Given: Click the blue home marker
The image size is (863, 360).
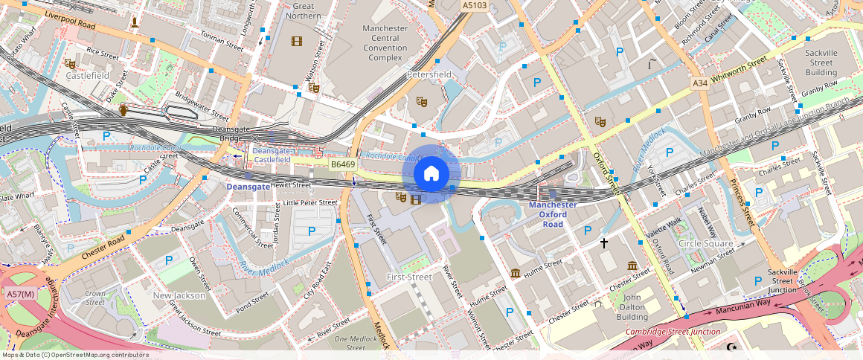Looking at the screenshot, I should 431,174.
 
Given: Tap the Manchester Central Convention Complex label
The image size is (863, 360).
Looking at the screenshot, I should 385,42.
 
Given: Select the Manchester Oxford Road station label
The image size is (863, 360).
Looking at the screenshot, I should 552,214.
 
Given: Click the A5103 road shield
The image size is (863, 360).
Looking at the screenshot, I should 474,5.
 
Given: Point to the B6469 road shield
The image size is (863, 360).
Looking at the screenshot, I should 343,164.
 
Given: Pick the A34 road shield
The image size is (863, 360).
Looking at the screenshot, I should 699,83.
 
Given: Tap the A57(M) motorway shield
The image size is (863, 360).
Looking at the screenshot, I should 21,295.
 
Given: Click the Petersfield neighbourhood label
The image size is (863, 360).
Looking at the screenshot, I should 429,75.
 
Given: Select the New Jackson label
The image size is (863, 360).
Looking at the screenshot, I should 179,295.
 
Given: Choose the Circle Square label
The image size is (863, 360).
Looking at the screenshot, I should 705,243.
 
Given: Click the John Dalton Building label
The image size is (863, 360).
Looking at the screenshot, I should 632,306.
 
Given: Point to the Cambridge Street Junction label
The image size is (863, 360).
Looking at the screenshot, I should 673,332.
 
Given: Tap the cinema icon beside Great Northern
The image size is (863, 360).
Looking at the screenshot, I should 298,41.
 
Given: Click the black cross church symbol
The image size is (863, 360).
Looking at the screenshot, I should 604,242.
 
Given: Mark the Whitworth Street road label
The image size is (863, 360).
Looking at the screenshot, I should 738,69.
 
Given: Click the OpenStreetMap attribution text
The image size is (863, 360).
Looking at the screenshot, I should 74,355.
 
